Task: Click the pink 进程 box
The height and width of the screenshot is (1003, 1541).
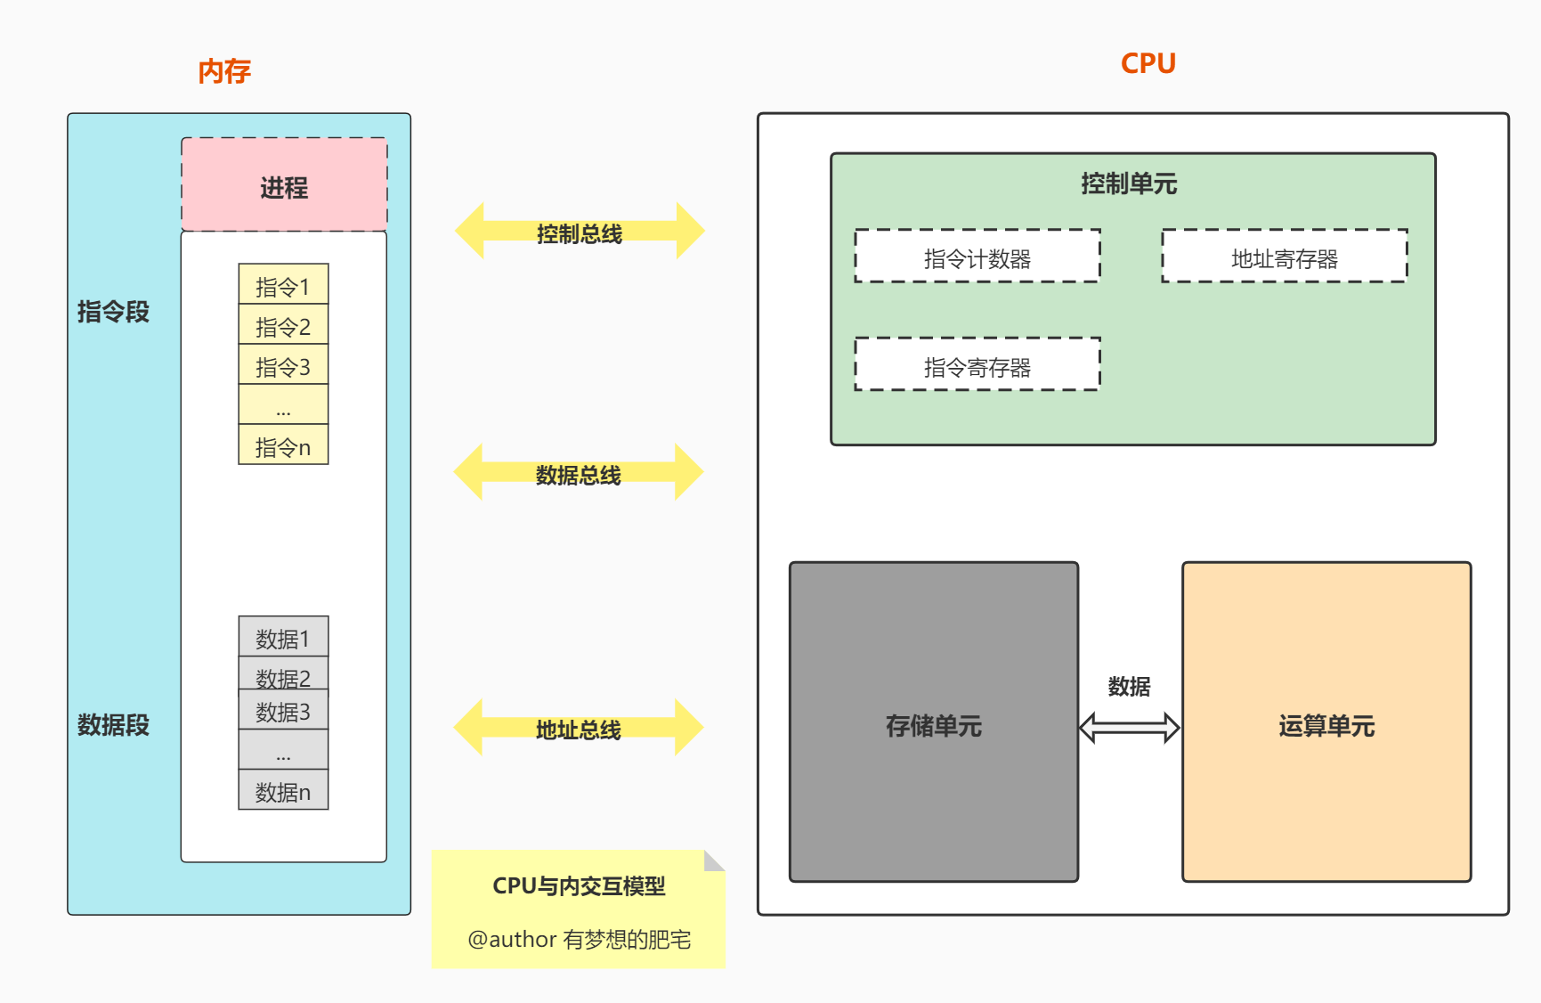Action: click(284, 185)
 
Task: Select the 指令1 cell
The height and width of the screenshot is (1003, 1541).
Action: click(283, 285)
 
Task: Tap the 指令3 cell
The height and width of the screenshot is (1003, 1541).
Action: click(283, 365)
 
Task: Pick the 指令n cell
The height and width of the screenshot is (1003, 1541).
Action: click(283, 445)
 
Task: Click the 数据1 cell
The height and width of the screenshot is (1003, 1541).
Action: click(283, 637)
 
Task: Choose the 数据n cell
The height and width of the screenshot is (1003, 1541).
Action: click(283, 790)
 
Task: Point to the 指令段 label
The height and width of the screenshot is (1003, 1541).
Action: click(113, 312)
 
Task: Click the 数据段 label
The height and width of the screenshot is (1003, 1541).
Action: click(113, 725)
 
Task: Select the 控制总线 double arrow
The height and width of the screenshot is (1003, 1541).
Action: click(580, 232)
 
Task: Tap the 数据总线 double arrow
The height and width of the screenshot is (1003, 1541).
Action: click(579, 472)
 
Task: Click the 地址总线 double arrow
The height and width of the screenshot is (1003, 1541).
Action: click(579, 728)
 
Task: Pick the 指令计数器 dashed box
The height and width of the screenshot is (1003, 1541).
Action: click(977, 257)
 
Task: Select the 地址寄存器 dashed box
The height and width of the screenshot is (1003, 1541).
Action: click(1285, 257)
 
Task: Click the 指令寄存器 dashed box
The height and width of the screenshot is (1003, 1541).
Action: click(977, 364)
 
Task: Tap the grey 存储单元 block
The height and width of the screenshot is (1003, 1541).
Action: click(934, 722)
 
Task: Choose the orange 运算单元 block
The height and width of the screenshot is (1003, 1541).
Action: click(1326, 722)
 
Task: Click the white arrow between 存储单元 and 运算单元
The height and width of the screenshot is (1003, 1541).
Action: click(1130, 728)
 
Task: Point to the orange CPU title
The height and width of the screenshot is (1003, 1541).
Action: click(1148, 63)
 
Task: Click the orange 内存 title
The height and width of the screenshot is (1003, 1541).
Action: click(224, 71)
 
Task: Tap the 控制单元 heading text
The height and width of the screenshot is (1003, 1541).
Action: click(1129, 184)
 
